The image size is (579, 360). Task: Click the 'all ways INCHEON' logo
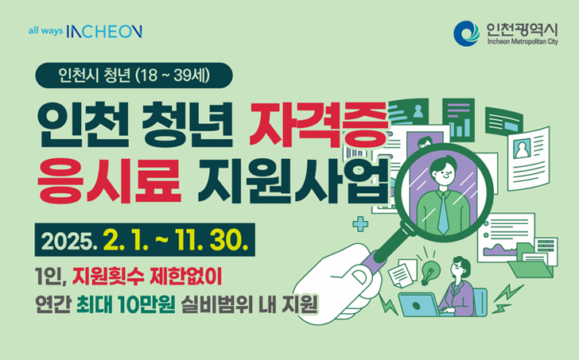[85, 31]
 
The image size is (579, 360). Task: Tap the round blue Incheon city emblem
[466, 33]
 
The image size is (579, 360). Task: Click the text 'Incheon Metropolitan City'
[522, 41]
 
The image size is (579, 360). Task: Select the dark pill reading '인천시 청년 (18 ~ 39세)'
[134, 75]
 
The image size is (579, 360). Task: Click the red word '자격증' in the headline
[318, 123]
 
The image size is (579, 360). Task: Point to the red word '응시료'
[109, 180]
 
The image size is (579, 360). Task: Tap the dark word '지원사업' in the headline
[293, 180]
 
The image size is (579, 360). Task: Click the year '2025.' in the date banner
[69, 241]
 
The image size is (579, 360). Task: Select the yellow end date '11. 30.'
[212, 241]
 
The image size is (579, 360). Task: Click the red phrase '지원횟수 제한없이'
[147, 277]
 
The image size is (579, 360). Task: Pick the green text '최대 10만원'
[126, 305]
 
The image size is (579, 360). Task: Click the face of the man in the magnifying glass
[444, 173]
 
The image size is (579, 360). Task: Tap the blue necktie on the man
[443, 214]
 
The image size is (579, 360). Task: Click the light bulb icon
[430, 272]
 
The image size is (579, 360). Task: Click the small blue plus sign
[360, 224]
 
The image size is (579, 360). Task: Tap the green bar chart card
[458, 120]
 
